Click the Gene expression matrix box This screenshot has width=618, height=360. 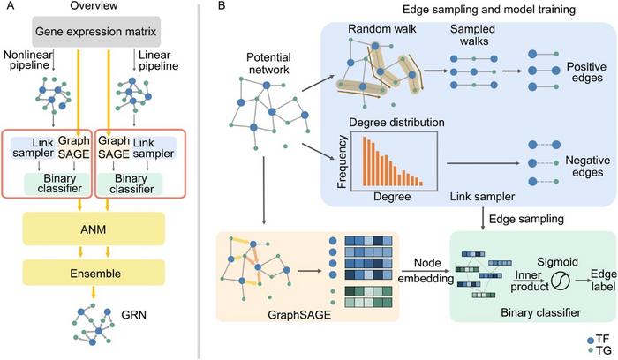tap(102, 33)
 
